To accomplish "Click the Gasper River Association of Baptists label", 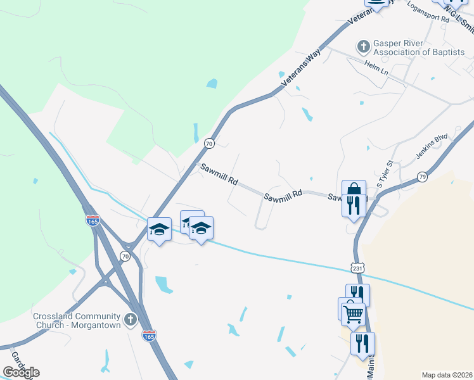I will [419, 47].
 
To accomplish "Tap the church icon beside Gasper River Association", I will [364, 46].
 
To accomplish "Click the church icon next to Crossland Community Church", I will [131, 319].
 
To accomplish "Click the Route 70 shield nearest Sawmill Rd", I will [208, 144].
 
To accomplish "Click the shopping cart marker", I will [352, 312].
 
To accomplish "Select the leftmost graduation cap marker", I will [159, 229].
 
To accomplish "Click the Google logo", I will [21, 372].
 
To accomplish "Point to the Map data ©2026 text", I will [447, 375].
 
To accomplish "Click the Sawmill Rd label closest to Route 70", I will [219, 175].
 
